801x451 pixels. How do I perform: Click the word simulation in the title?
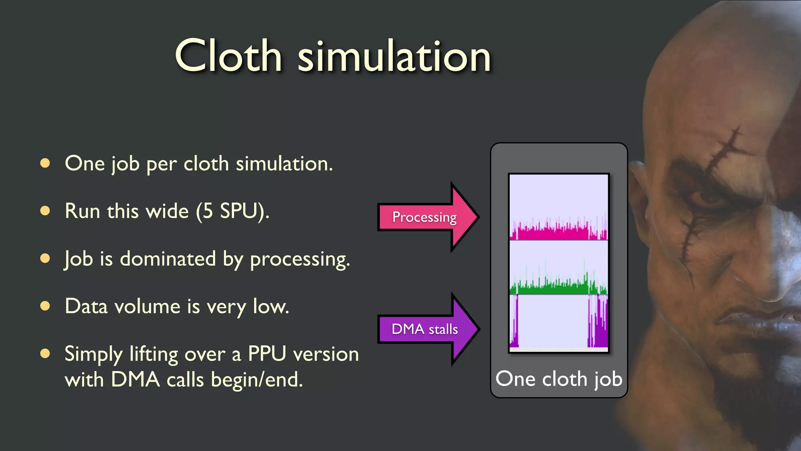point(394,58)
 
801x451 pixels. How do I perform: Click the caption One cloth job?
point(559,379)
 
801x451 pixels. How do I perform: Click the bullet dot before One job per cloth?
point(45,163)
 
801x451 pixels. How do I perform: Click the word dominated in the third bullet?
point(167,259)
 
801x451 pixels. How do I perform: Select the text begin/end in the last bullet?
point(257,380)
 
